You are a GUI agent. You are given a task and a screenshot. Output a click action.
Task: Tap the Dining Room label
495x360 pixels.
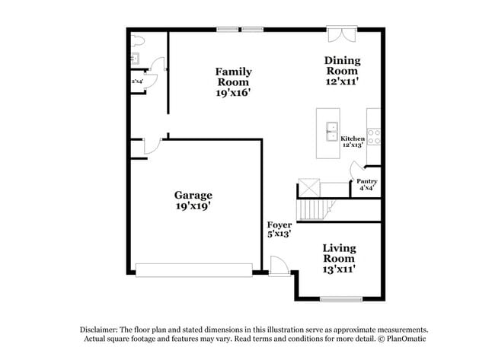342,65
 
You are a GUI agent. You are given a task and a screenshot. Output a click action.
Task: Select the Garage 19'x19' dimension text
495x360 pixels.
193,205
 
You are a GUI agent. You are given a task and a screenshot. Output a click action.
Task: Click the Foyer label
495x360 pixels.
279,225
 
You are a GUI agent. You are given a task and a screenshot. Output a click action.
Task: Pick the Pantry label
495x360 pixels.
367,181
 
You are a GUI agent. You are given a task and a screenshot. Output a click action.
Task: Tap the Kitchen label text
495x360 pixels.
353,139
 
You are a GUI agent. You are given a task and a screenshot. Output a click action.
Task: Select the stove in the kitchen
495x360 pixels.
374,136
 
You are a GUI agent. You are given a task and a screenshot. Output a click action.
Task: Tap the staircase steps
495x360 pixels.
311,206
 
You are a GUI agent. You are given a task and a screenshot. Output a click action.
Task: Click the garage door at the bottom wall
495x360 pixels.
193,269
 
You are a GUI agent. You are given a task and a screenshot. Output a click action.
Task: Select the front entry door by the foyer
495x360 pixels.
278,265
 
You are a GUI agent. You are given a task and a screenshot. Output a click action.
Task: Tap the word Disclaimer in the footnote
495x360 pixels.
104,329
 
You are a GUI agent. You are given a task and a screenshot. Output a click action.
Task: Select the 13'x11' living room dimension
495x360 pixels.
339,268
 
